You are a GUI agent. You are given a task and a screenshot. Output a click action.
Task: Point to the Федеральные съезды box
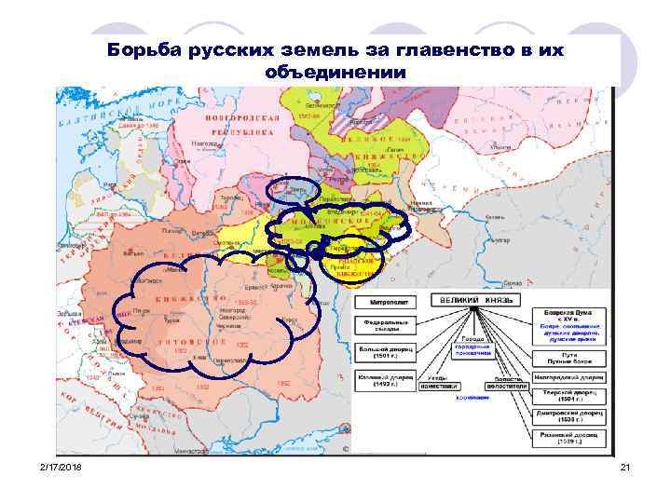(x=380, y=325)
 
